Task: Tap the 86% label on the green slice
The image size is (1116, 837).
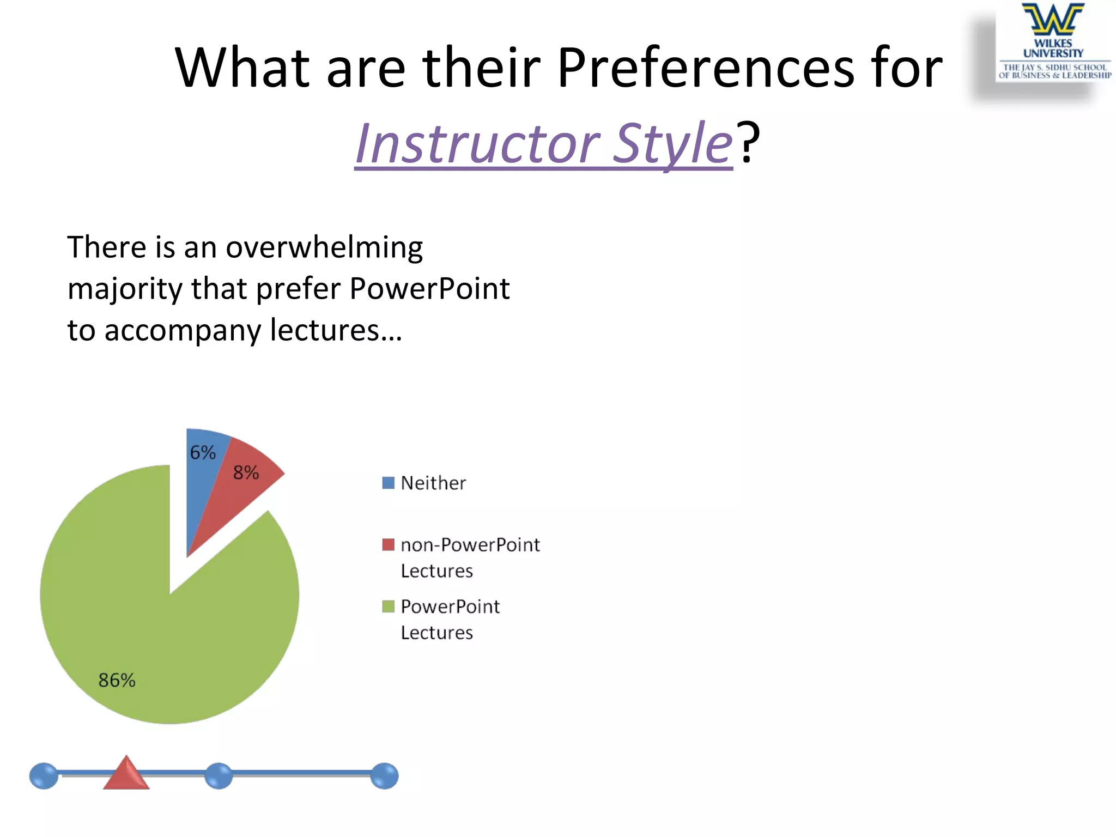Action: click(x=117, y=680)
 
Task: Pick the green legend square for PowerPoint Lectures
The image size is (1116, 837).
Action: click(x=388, y=606)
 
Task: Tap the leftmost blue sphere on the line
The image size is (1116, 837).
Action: click(x=44, y=776)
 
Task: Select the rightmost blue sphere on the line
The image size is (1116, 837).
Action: click(x=384, y=776)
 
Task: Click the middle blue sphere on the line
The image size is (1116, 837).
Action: click(x=219, y=776)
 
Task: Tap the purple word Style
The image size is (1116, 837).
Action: click(x=672, y=143)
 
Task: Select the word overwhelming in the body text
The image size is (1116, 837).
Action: click(x=324, y=248)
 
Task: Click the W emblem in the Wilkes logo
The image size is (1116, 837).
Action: click(x=1053, y=20)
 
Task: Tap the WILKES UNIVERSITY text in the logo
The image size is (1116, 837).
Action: click(x=1053, y=48)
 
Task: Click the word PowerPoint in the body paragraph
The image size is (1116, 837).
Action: click(x=429, y=288)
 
